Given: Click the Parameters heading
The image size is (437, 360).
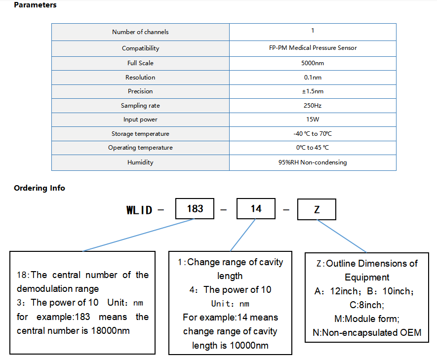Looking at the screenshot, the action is pos(35,5).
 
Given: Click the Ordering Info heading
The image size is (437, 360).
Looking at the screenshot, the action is pos(40,188).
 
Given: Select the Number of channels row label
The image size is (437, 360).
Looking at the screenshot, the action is pos(140,32).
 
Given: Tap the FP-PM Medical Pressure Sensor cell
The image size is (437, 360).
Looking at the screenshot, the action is pos(313,48).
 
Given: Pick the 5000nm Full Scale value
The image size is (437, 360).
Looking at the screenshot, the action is pos(313,63).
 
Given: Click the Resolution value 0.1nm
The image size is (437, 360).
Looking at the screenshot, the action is pos(313,78).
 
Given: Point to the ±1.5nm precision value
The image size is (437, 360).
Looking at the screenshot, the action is pos(313,91).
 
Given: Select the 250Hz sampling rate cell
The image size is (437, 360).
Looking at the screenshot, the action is pos(313,106).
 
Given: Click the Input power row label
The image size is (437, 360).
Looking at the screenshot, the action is pos(140,120).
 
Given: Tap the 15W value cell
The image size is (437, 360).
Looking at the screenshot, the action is pos(313,120).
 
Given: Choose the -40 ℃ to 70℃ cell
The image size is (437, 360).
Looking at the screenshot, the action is pos(313,134).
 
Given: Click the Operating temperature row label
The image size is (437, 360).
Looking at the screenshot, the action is pos(140,148).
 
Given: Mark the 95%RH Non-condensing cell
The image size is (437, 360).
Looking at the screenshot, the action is pos(313,162).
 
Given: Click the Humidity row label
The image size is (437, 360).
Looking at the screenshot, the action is pos(140,162).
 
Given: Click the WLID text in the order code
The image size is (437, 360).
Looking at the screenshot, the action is pos(139,210).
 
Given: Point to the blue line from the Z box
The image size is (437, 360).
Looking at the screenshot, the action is pos(342,236).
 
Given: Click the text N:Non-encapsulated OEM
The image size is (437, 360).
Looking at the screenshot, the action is pos(367,333).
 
